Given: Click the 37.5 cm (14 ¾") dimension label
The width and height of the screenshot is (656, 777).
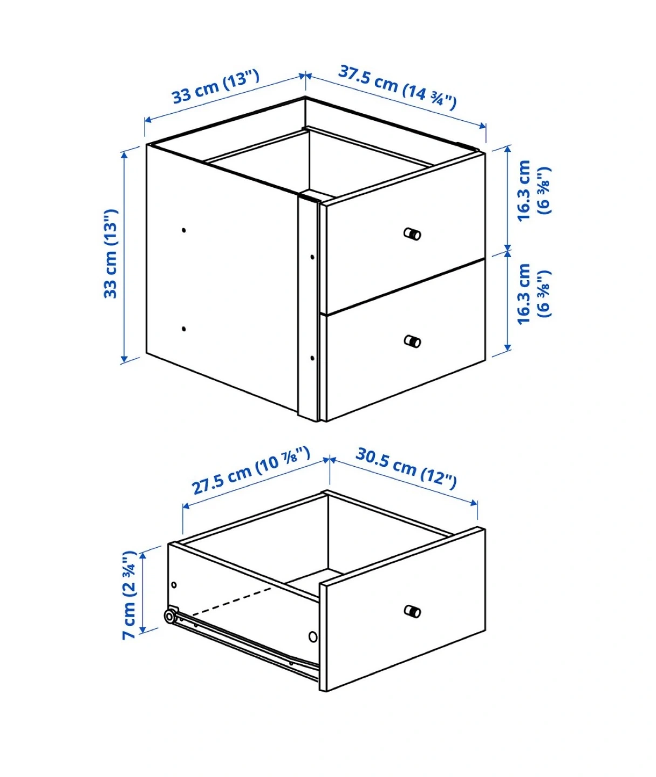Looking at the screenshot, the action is point(397,88).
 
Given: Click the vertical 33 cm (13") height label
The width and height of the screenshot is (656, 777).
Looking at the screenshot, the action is point(111,254).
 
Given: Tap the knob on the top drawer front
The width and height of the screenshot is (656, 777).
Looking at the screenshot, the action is point(412,234).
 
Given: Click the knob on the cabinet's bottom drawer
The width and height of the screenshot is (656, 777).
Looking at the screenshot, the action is point(412,341).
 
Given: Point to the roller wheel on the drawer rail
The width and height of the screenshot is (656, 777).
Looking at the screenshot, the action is point(170,616).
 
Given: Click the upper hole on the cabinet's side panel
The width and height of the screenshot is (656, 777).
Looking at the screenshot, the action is point(184,230).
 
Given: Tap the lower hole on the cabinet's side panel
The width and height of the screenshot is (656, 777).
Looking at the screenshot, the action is point(184,329).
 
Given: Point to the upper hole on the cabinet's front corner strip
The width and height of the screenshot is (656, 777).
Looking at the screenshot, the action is point(312,257).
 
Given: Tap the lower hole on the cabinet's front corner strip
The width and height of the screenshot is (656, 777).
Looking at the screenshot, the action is point(312,358).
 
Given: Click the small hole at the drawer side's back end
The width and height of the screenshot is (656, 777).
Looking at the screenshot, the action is point(174,585).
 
